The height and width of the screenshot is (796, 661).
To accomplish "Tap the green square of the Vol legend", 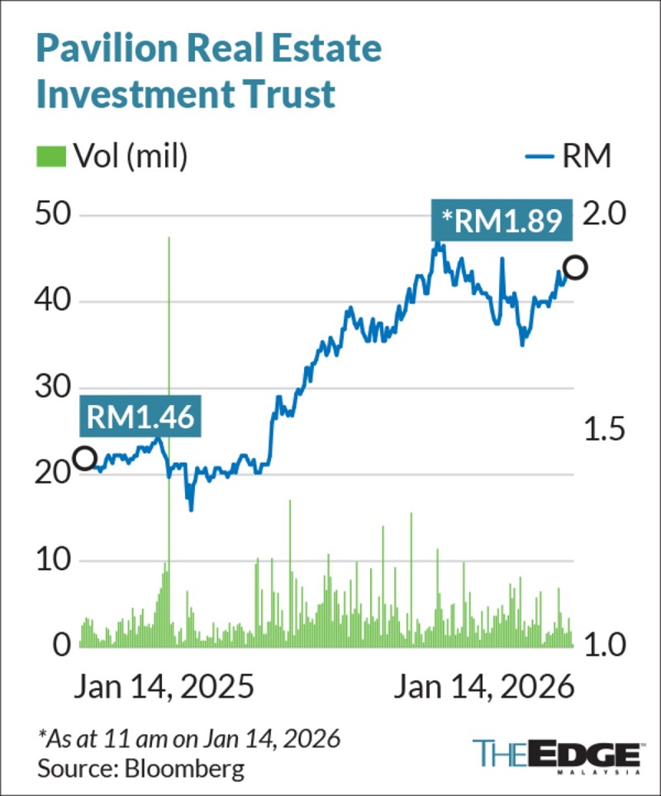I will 49,155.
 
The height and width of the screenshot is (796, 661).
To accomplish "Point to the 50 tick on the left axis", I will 55,215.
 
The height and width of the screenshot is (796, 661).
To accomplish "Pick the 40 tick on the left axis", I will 55,302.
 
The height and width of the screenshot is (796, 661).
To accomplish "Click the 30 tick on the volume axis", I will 55,388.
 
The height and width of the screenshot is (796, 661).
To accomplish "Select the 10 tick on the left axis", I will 55,560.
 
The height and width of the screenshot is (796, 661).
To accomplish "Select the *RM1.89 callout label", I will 502,221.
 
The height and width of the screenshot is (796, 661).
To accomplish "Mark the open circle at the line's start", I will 84,458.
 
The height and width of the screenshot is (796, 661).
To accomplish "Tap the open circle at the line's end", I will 575,268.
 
